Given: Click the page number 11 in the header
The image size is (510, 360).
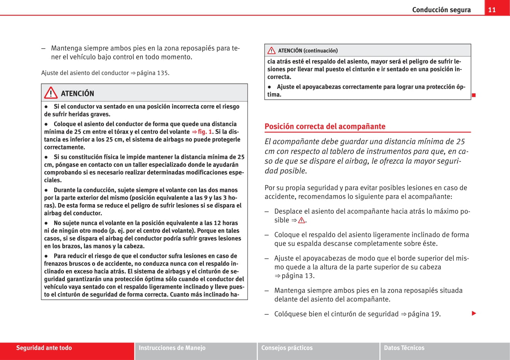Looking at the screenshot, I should (x=492, y=10).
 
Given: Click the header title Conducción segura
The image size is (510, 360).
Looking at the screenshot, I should (x=441, y=10).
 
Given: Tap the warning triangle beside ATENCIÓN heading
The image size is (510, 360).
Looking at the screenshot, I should (x=51, y=93).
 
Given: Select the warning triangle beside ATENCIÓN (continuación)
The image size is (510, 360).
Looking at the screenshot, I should (x=271, y=51).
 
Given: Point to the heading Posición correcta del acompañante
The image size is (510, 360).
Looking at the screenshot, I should (x=325, y=126).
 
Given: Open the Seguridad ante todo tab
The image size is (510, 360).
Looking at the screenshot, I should (x=44, y=348).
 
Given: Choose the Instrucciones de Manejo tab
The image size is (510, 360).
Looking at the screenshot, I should (x=172, y=348).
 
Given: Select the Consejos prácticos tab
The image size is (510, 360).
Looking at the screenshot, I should (x=287, y=348).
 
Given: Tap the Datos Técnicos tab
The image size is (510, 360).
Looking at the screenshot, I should (x=404, y=348).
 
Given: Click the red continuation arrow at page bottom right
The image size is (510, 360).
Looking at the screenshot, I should (x=474, y=314).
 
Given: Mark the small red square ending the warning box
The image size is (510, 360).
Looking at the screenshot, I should (x=474, y=95).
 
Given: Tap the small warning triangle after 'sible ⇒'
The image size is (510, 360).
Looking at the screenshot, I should (x=302, y=221).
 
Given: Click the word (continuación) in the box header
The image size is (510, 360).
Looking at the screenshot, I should (x=321, y=51).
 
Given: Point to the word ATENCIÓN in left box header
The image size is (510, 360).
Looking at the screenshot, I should (x=77, y=94).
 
